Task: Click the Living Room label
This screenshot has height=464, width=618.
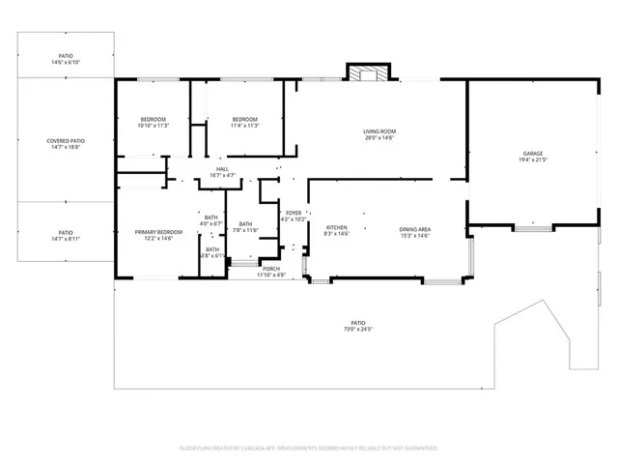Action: (x=379, y=131)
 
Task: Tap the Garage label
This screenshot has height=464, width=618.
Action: (x=532, y=154)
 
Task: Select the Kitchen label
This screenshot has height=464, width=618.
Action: (x=336, y=228)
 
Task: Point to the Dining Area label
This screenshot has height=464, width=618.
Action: (x=414, y=228)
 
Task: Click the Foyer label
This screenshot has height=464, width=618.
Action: (x=294, y=213)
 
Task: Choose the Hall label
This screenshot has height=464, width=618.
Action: (x=222, y=169)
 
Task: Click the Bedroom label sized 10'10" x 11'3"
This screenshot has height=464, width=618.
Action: (x=153, y=119)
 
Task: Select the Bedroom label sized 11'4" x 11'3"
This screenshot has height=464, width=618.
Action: (x=243, y=119)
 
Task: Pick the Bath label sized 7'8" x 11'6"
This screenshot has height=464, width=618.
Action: (x=245, y=224)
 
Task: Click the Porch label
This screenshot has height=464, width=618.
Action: (x=271, y=269)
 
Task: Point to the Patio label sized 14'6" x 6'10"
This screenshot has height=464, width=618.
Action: (x=65, y=57)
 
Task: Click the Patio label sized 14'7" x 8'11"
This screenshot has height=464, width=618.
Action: (x=65, y=233)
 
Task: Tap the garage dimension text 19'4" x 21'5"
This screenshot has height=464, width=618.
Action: (x=532, y=160)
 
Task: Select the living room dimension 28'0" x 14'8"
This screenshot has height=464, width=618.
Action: (x=379, y=138)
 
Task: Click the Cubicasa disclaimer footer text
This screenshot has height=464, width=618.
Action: (x=309, y=448)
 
